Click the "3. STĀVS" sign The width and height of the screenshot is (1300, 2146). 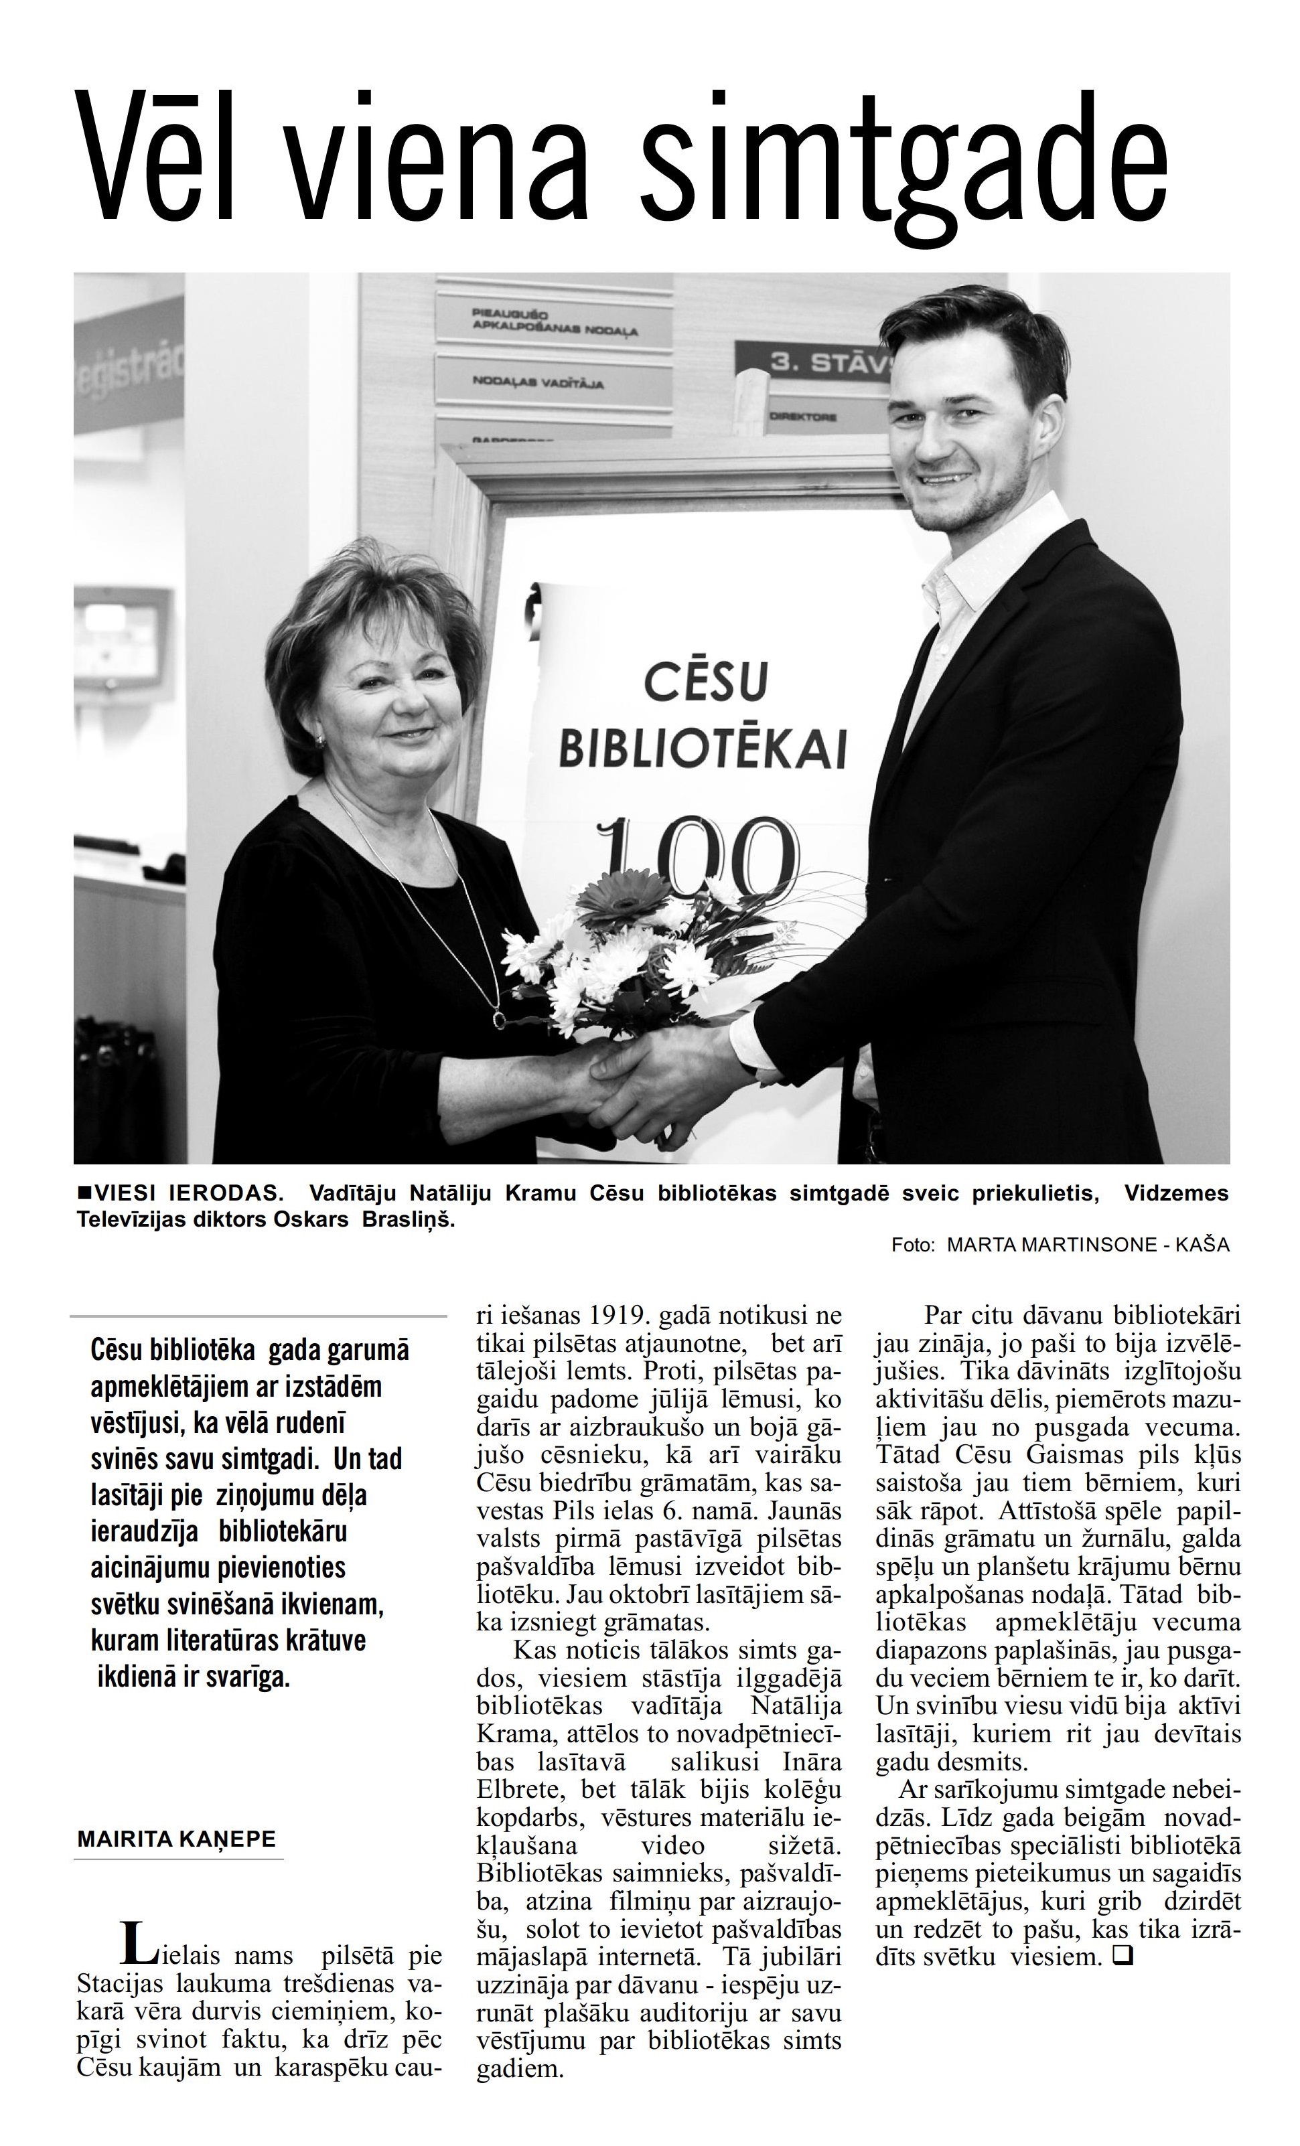[828, 365]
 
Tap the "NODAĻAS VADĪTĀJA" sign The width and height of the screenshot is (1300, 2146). [538, 382]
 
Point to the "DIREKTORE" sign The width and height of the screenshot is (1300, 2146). [802, 417]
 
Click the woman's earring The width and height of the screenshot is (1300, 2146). [321, 741]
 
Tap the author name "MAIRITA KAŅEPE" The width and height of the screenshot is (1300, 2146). [176, 1839]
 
